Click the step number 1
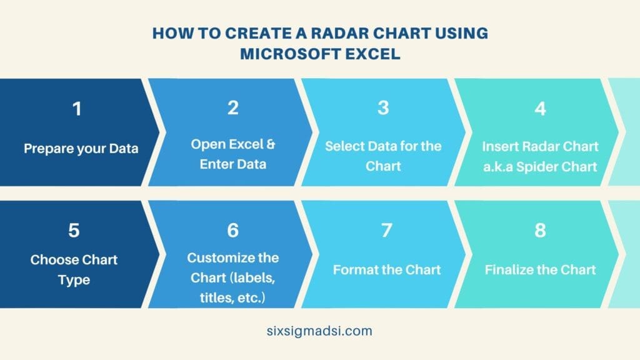coord(76,109)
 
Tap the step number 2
coord(233,108)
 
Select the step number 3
coord(383,108)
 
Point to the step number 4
coord(540,108)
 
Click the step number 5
coord(74,231)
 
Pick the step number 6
coord(233,231)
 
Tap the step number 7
coord(386,231)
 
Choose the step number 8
coord(540,231)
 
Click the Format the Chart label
coord(387,270)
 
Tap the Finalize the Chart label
coord(540,270)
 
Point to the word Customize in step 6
coord(216,257)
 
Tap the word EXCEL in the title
coord(373,54)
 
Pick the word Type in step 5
coord(74,279)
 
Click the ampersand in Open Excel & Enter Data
coord(271,144)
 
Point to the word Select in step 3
coord(341,146)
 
